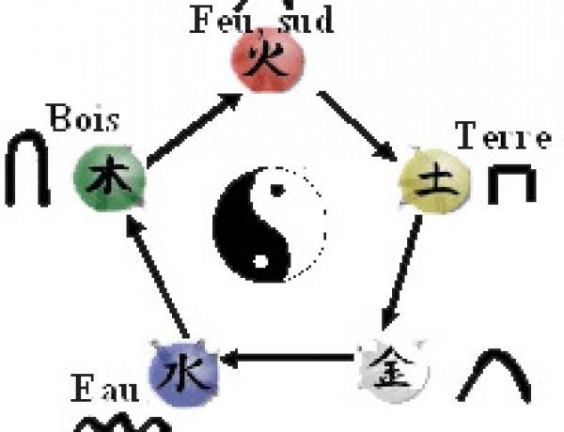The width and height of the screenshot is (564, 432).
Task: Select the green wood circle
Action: pos(110,177)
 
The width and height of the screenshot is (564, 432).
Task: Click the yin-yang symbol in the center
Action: pos(270,224)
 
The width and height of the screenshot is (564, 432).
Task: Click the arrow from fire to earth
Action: pos(358,126)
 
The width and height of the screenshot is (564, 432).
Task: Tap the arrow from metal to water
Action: pos(288,358)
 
